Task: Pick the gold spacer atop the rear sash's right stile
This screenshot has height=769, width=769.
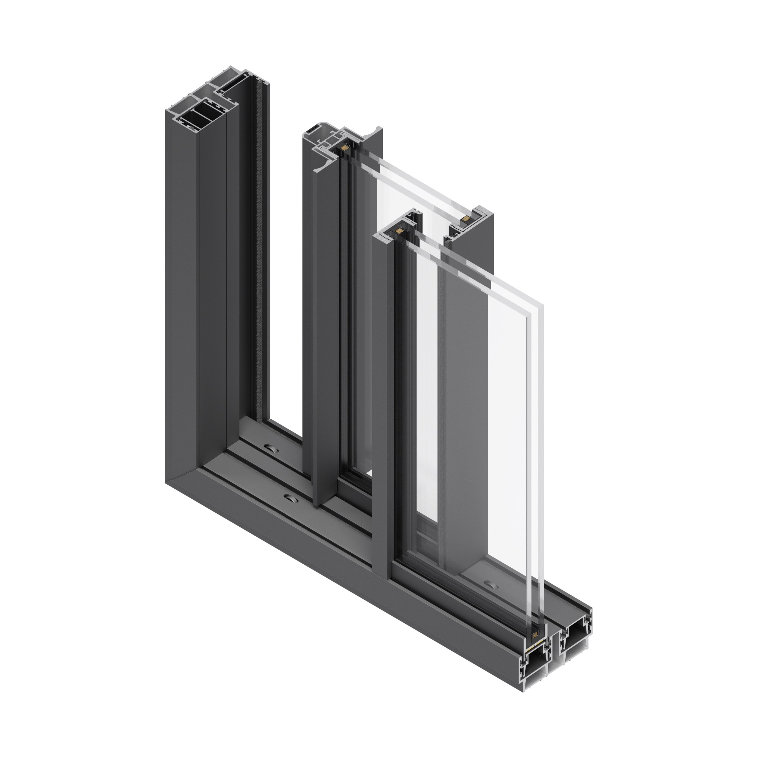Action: click(464, 218)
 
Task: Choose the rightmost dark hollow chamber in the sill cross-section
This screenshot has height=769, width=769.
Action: click(576, 641)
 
